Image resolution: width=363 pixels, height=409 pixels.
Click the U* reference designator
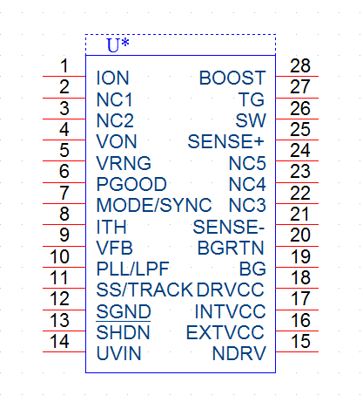pos(118,45)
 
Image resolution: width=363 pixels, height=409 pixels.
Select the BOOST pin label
pos(232,78)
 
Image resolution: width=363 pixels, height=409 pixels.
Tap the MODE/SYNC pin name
pos(154,205)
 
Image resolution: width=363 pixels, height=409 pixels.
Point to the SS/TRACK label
pos(145,290)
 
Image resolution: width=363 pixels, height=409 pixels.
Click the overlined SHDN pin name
pos(123,332)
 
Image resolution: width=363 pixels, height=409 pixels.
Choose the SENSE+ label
pos(225,141)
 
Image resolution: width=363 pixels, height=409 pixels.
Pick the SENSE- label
pos(229,227)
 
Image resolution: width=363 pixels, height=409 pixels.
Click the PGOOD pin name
pos(131,184)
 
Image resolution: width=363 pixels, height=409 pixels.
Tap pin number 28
pos(300,65)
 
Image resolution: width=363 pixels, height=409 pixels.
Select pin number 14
pos(59,341)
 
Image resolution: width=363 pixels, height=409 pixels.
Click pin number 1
pos(64,65)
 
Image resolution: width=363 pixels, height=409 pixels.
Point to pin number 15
pos(300,341)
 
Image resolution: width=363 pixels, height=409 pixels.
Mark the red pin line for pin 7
pos(64,203)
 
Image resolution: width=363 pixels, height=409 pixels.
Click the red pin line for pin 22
pos(297,203)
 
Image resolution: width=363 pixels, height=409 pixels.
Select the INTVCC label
pos(230,311)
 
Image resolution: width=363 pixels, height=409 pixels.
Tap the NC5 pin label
pos(247,163)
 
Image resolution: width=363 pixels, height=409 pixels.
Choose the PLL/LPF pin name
pos(133,269)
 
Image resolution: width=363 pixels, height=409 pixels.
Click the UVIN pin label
pos(119,353)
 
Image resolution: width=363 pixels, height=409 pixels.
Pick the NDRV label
pos(239,353)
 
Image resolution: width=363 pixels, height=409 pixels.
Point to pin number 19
pos(300,256)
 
